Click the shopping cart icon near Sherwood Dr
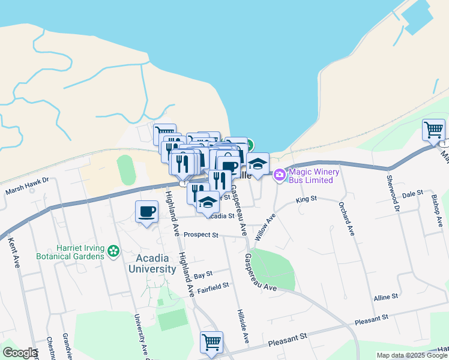(x=433, y=129)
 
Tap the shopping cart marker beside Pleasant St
(x=211, y=342)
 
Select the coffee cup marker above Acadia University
(x=147, y=211)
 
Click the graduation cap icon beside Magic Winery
(x=258, y=163)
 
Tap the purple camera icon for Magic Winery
(x=279, y=175)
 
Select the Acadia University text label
(x=152, y=263)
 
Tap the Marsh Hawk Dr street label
(x=27, y=192)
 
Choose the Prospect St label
(x=201, y=235)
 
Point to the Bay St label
(x=203, y=275)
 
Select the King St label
(x=306, y=200)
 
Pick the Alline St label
(x=385, y=297)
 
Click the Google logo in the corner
(x=20, y=353)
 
